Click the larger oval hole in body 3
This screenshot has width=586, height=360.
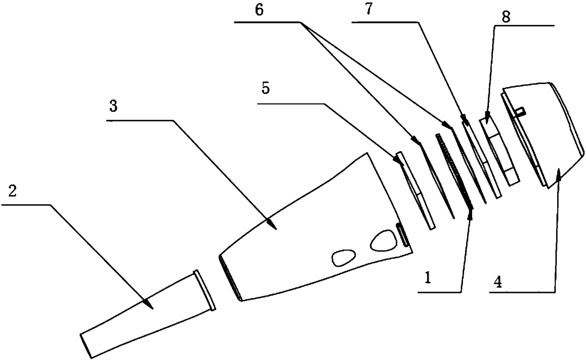coord(382,240)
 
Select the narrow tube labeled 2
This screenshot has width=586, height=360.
coord(142,314)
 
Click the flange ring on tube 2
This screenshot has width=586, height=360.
coord(204,290)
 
